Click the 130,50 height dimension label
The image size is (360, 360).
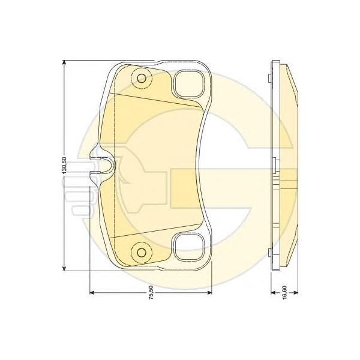coord(64,166)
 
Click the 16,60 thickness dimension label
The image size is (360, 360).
coord(284,293)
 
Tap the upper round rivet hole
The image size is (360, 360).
coord(142,78)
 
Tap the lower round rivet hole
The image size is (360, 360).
coord(142,253)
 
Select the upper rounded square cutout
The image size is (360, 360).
coord(189,84)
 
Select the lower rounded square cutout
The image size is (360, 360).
coord(189,247)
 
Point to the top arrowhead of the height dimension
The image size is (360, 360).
coord(65,62)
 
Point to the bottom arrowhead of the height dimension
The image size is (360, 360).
coord(65,268)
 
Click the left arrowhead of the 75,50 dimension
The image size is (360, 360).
coord(92,293)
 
